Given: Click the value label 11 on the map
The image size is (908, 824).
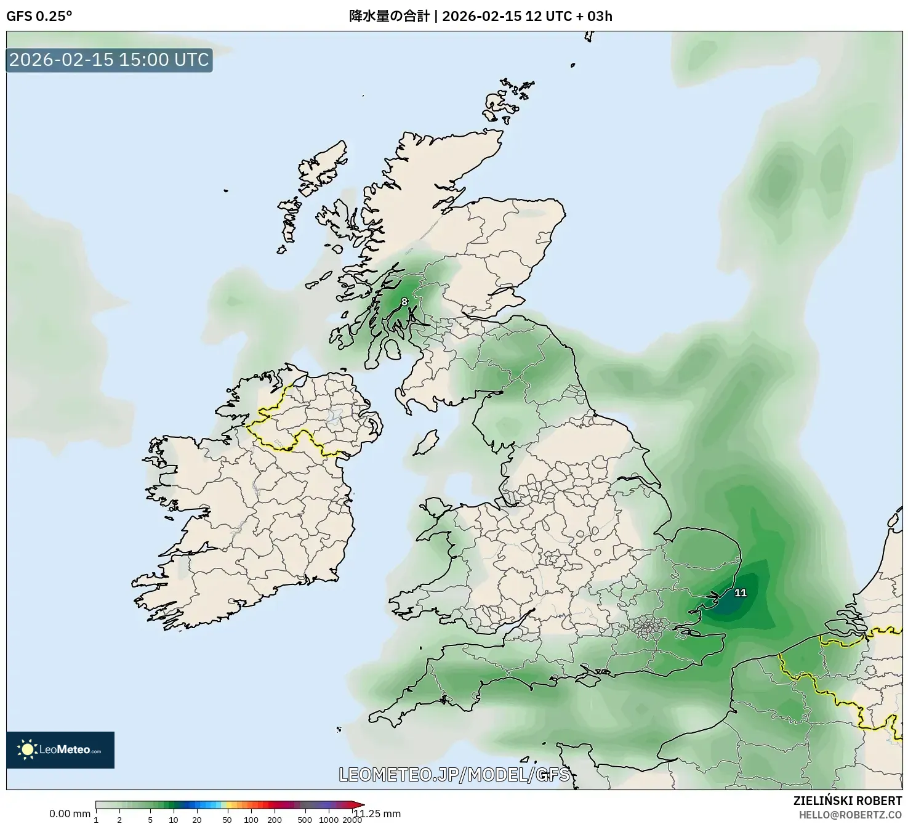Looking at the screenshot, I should (x=741, y=592).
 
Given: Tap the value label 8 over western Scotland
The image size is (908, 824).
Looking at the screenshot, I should (x=404, y=301).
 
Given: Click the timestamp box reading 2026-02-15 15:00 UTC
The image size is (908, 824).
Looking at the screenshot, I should (x=110, y=60).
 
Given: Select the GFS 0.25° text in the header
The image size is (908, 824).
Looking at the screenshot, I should (x=39, y=16).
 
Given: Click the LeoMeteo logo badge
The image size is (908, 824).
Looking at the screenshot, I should (x=60, y=749).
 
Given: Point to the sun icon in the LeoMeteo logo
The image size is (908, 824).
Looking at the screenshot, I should (x=27, y=749).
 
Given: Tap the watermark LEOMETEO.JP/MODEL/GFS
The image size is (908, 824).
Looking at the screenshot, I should (x=454, y=774).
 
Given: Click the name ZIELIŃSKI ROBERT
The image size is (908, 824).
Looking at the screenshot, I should (x=847, y=801).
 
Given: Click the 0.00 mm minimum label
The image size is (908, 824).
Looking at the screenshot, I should (x=70, y=814).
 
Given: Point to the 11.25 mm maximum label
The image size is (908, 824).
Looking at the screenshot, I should (x=377, y=814).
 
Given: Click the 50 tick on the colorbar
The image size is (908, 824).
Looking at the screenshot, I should (x=227, y=820).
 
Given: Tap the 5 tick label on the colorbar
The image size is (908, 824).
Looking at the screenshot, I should (x=150, y=820).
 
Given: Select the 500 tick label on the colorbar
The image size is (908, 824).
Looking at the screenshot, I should (x=305, y=820).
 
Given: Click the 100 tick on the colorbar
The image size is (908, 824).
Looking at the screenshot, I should (x=251, y=820).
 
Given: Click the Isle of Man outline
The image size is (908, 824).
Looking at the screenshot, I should (x=425, y=443).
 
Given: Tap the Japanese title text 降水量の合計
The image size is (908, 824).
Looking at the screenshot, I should (x=389, y=16).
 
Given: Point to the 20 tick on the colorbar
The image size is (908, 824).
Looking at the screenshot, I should (x=197, y=820).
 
